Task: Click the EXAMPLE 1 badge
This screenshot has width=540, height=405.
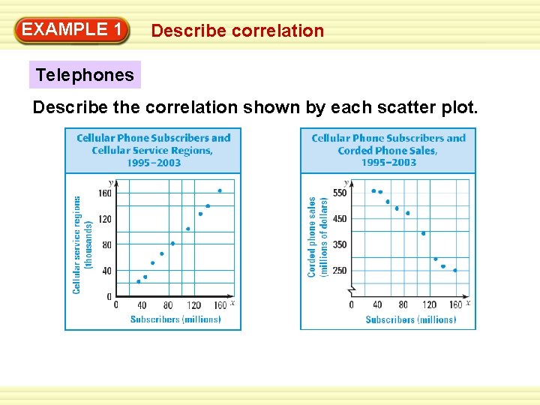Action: coord(72,30)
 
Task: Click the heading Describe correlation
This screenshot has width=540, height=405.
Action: coord(237,31)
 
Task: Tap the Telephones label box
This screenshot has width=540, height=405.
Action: coord(85,74)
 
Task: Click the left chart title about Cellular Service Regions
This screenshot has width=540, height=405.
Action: coord(153,150)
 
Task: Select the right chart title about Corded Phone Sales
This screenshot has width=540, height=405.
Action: coord(388,150)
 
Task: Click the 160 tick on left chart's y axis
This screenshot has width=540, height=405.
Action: coord(104,193)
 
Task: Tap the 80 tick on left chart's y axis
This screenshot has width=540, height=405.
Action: coord(106,244)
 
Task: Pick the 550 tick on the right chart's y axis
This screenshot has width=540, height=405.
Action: coord(340,193)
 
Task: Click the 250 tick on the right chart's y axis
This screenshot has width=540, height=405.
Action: coord(340,270)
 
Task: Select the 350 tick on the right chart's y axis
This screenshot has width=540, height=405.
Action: coord(340,244)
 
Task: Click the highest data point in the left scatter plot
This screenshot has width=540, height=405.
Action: coord(220,190)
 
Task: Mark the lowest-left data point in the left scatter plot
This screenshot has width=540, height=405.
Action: coord(138,281)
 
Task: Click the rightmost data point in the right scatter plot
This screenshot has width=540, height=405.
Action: coord(454,270)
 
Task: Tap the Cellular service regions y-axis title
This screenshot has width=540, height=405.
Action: coord(82,244)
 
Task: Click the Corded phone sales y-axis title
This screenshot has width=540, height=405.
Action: coord(317,237)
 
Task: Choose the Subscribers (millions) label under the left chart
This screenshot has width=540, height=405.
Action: coord(175,319)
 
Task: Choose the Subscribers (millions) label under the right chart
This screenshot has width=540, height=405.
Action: coord(410,319)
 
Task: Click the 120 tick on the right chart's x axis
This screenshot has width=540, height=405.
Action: coord(429,305)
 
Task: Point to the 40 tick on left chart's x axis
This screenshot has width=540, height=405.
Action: coord(142,305)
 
